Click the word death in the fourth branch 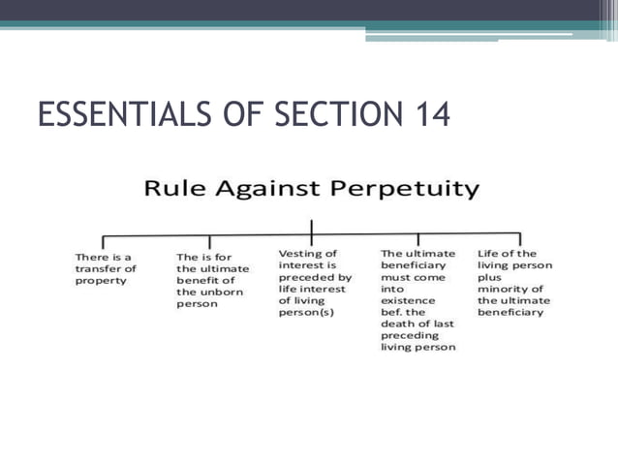(x=396, y=323)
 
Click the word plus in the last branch (x=491, y=276)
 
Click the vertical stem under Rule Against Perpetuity (x=312, y=229)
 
